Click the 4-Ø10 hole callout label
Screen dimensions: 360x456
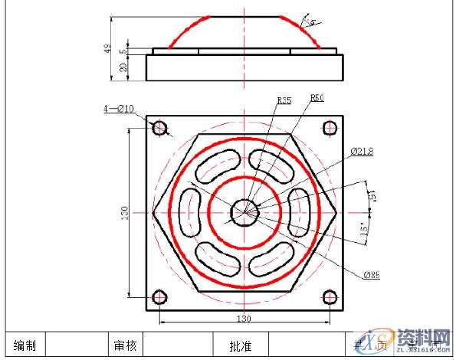[118, 109]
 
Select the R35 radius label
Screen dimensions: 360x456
[284, 100]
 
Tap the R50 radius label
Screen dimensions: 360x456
[317, 98]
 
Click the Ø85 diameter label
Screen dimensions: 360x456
[372, 273]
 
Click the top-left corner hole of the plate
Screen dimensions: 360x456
[159, 128]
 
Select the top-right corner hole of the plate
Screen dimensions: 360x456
[330, 128]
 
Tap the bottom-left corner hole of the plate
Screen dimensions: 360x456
[159, 297]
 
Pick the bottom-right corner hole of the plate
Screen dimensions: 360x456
[330, 297]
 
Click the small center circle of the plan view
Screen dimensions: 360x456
[245, 211]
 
